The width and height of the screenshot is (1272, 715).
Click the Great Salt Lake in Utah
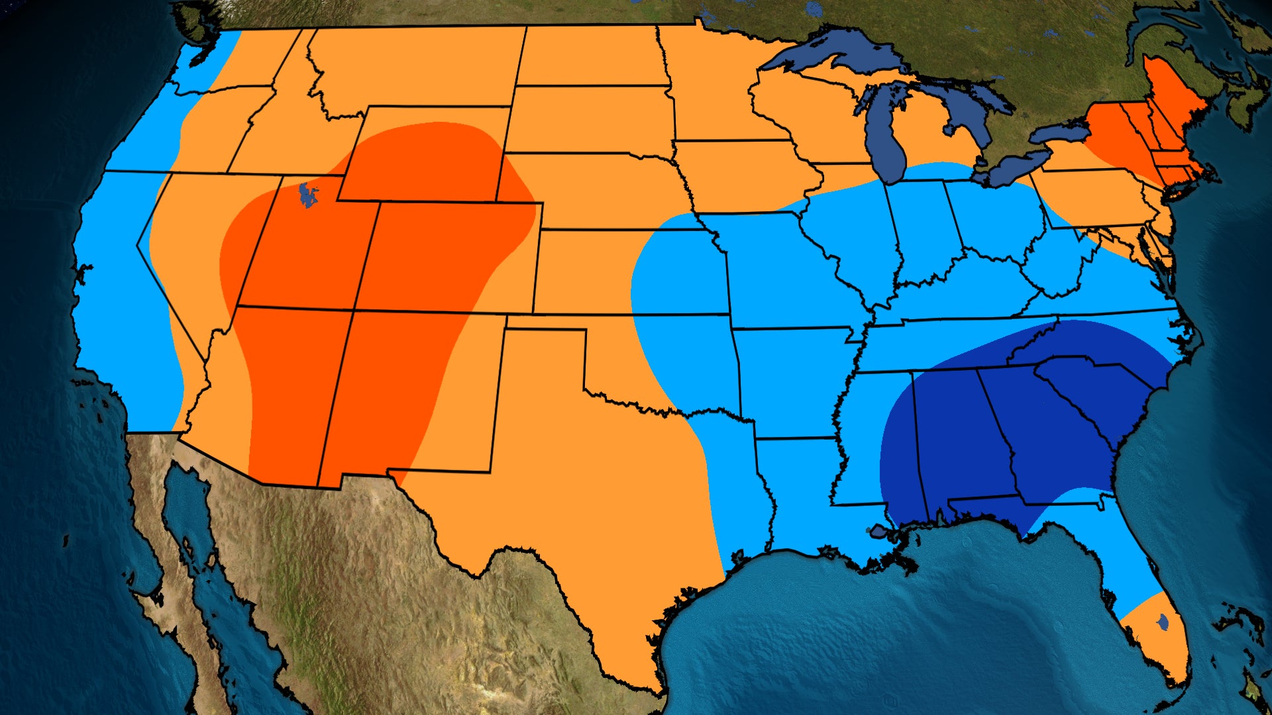click(x=306, y=195)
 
